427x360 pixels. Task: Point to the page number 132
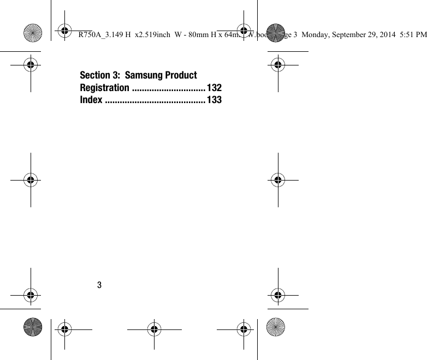214,88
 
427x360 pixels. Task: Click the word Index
91,100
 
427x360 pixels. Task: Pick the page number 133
214,100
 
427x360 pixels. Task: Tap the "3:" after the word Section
116,75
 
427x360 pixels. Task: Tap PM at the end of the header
422,35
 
